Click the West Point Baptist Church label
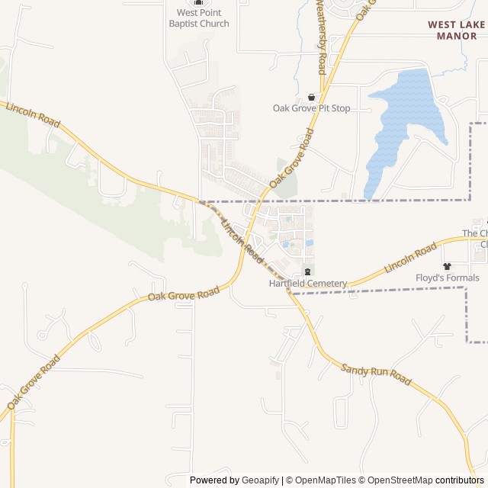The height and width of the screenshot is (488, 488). click(x=199, y=18)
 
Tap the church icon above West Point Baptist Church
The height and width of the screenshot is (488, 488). click(x=199, y=2)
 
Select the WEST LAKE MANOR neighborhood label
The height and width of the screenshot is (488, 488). click(x=456, y=30)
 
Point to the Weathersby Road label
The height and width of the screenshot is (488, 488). click(x=321, y=38)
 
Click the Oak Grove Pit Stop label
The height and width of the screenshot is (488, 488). click(x=311, y=108)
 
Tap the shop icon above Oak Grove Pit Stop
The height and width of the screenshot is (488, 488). click(x=311, y=97)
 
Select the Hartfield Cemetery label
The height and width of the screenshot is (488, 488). click(x=307, y=284)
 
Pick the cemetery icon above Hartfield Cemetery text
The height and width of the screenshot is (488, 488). click(x=307, y=271)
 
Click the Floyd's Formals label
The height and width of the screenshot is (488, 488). click(x=448, y=278)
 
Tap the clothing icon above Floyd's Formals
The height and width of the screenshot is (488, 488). click(x=448, y=266)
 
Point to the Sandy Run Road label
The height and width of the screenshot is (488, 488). click(x=376, y=374)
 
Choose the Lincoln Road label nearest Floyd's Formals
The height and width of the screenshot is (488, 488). click(x=411, y=258)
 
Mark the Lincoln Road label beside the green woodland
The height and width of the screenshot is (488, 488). click(x=32, y=117)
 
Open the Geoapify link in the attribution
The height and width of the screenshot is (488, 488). click(x=261, y=480)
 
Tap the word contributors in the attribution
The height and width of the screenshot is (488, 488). click(x=459, y=480)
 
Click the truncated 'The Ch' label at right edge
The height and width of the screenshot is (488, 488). click(x=474, y=233)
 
